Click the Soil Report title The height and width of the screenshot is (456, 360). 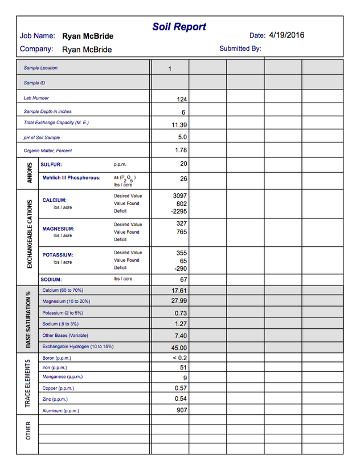179,27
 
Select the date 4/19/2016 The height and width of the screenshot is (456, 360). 287,35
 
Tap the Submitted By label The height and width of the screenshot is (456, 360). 240,48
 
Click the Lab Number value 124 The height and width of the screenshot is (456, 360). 182,99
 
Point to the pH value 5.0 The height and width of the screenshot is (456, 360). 182,137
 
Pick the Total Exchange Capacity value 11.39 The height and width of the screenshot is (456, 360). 179,125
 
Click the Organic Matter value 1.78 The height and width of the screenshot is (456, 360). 181,150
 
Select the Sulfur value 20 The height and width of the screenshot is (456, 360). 183,164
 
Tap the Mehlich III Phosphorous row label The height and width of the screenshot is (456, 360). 71,178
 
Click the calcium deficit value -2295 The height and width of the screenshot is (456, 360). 179,211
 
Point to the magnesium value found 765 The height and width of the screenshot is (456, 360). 181,232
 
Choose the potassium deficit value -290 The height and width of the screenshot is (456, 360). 181,268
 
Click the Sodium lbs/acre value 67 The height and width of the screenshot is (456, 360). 183,280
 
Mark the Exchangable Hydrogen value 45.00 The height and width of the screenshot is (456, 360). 179,347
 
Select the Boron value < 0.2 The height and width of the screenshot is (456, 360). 179,358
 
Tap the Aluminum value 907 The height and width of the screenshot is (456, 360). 181,410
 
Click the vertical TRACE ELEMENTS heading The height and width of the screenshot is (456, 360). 28,383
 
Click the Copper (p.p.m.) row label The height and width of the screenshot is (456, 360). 59,388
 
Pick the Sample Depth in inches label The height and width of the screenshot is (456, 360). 48,111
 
